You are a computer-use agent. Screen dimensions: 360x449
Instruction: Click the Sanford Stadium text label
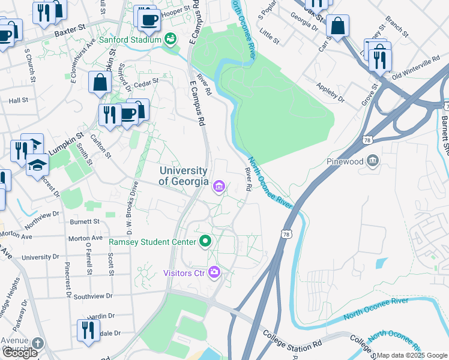pyautogui.click(x=130, y=40)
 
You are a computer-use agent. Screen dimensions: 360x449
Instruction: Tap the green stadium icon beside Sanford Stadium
pyautogui.click(x=171, y=40)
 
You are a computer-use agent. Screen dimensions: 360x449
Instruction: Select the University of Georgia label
pyautogui.click(x=184, y=176)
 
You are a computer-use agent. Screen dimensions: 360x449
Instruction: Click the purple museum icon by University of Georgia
pyautogui.click(x=219, y=188)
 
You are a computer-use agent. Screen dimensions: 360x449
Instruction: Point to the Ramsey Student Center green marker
pyautogui.click(x=205, y=242)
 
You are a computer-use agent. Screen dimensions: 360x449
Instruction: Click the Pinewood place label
pyautogui.click(x=346, y=161)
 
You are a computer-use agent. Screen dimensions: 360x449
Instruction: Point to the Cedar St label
pyautogui.click(x=146, y=81)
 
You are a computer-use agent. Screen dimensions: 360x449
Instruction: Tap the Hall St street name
pyautogui.click(x=19, y=101)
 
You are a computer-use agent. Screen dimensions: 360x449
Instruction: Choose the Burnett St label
pyautogui.click(x=84, y=221)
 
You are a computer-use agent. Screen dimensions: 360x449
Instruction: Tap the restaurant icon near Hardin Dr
pyautogui.click(x=88, y=329)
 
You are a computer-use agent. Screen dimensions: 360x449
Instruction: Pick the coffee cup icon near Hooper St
pyautogui.click(x=148, y=20)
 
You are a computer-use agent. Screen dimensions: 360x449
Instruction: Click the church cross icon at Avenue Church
pyautogui.click(x=37, y=344)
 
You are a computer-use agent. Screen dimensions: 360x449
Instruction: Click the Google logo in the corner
pyautogui.click(x=20, y=353)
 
